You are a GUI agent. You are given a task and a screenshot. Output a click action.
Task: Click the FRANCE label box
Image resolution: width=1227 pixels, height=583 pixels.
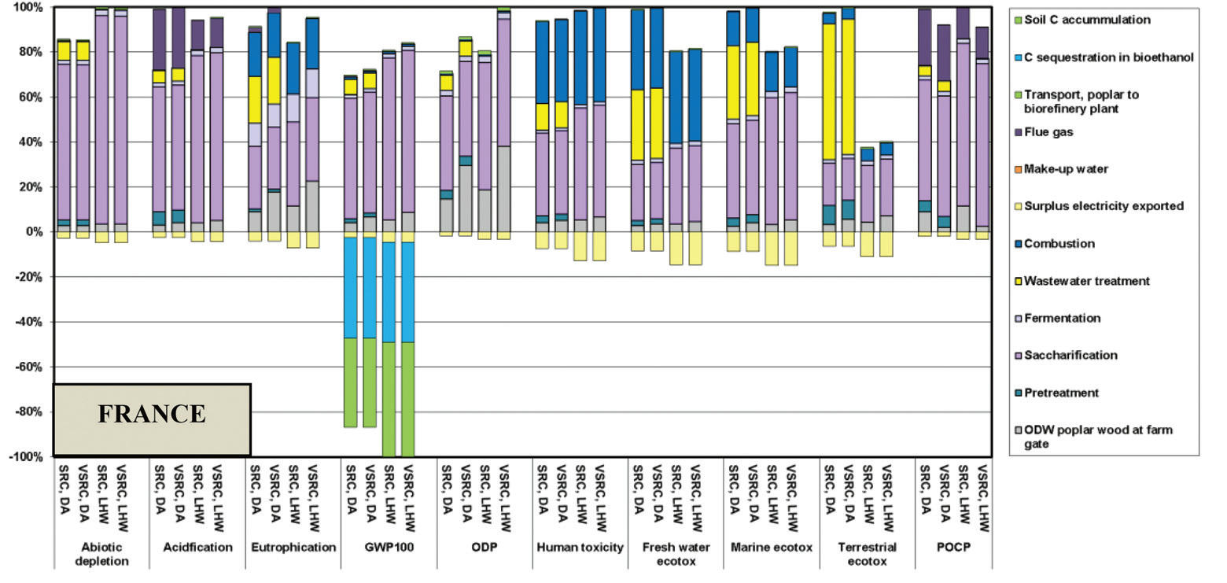coord(152,419)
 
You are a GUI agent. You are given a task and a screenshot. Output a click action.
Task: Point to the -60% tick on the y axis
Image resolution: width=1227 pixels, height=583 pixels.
coord(31,367)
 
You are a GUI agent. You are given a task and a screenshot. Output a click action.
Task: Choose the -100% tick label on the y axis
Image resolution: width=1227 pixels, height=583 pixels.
coord(28,457)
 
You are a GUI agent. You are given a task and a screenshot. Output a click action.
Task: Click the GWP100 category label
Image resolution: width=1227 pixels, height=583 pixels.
coord(389,548)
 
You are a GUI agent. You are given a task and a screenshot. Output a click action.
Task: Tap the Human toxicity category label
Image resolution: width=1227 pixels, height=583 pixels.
coord(580,548)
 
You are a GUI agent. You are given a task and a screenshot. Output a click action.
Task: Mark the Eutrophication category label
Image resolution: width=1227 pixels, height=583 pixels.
coord(293,548)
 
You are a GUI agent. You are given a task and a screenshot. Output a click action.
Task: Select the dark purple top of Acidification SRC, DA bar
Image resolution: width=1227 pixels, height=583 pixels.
coord(159,39)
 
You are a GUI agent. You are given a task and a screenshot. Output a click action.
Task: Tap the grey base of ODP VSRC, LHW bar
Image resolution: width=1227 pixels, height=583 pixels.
coord(503,189)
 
